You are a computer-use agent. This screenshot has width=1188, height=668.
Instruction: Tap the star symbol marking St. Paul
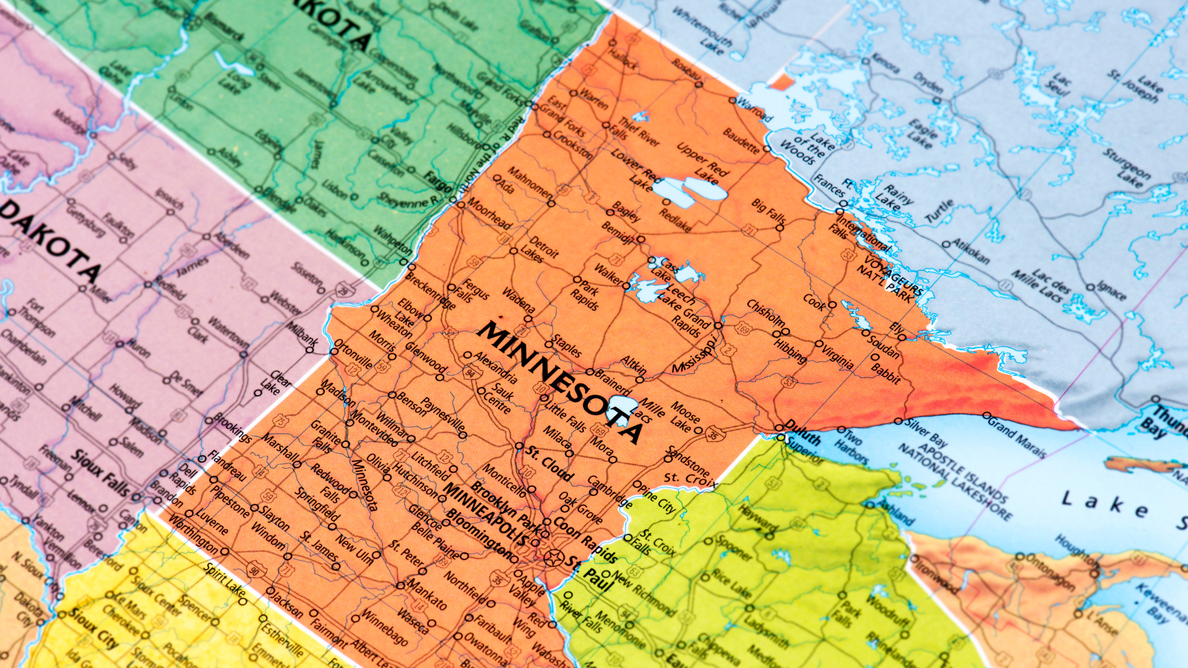[x=553, y=557]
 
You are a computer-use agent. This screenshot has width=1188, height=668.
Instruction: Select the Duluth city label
[x=802, y=432]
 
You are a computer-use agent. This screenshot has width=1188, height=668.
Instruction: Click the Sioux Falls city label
[x=102, y=474]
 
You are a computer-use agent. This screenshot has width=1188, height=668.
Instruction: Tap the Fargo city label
[x=437, y=181]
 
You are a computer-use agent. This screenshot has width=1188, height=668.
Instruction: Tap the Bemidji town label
[x=618, y=231]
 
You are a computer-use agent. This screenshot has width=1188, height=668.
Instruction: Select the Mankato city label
[x=427, y=593]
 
